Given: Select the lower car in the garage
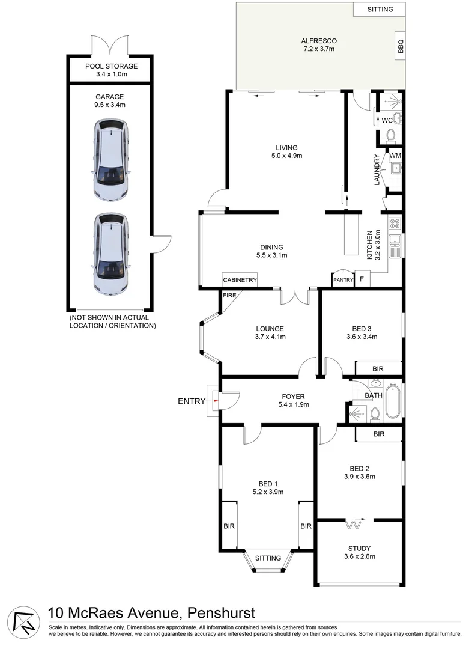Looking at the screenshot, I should click(111, 254).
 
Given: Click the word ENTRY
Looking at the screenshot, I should click(192, 401).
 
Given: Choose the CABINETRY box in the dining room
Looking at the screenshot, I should click(240, 280).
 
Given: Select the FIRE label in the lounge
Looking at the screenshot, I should click(229, 296).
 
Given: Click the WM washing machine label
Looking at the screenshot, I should click(395, 156).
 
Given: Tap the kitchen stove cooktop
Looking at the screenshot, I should click(395, 225).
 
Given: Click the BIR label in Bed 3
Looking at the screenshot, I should click(378, 368).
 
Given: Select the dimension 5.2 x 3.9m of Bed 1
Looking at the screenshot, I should click(268, 492).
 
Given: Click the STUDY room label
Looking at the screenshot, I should click(359, 548).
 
